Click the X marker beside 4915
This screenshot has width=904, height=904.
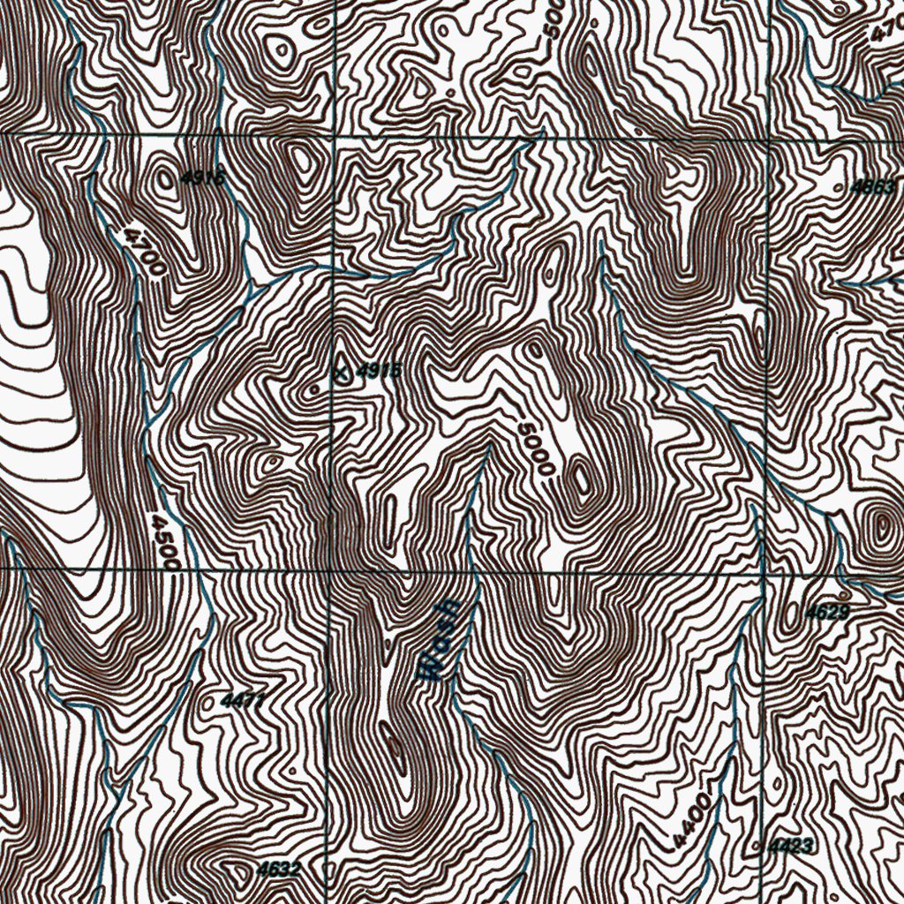coord(342,372)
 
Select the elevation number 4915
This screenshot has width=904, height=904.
coord(379,371)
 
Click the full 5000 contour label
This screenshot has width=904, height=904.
coord(535,448)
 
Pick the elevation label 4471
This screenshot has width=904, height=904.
coord(243,701)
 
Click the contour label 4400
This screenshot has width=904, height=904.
coord(691,817)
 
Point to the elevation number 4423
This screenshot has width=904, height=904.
coord(790,847)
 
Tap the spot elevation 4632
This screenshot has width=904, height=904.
coord(278,870)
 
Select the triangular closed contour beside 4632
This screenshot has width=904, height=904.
coord(241,870)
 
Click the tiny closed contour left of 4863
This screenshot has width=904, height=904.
coord(839,188)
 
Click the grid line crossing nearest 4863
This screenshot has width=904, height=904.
coord(771,137)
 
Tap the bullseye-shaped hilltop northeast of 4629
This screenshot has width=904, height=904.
coord(880,529)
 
